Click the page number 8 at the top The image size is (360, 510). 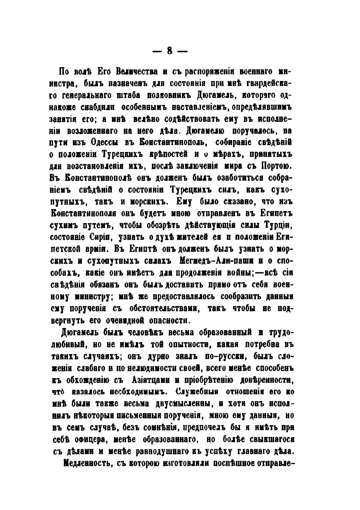point(170,51)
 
